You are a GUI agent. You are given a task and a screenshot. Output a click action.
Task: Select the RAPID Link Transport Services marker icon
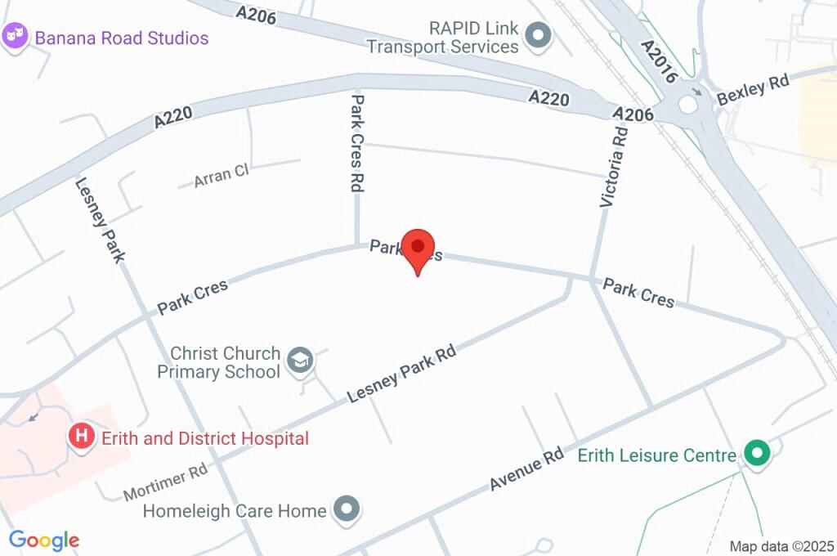click(538, 35)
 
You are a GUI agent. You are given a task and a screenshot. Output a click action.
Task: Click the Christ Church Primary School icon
click(302, 360)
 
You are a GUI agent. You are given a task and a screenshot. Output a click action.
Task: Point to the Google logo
click(44, 540)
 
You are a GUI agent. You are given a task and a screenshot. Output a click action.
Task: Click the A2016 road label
click(660, 61)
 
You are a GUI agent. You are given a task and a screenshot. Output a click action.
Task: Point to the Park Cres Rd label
click(357, 143)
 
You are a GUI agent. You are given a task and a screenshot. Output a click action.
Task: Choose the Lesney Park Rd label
click(401, 374)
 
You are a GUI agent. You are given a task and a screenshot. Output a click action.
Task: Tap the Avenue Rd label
click(526, 469)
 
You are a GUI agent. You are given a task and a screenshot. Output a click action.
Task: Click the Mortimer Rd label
click(166, 483)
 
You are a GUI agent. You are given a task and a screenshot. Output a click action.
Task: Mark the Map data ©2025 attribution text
click(781, 546)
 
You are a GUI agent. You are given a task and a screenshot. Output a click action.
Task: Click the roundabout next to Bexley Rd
click(689, 104)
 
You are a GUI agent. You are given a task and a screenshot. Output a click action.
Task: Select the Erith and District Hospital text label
click(204, 438)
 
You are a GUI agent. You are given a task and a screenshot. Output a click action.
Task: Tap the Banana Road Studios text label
click(121, 38)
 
